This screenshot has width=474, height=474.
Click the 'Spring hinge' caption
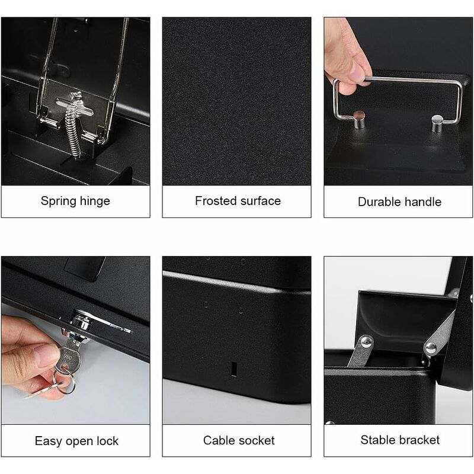click(75, 201)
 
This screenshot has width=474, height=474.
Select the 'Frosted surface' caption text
click(238, 201)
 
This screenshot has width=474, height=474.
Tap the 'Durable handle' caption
click(399, 201)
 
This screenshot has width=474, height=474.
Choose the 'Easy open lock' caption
click(76, 441)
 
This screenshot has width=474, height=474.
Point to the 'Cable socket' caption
click(239, 440)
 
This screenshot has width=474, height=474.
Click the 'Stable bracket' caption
click(400, 440)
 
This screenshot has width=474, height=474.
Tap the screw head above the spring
click(75, 98)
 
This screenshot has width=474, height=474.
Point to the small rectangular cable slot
click(234, 369)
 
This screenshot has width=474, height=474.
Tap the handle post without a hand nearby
click(437, 124)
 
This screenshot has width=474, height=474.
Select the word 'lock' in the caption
click(106, 441)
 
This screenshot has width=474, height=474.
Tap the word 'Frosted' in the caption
click(214, 201)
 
